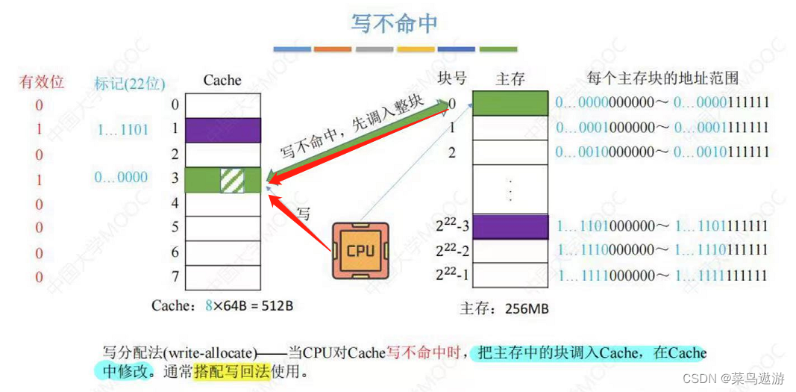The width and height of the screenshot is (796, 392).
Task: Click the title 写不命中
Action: pos(394,22)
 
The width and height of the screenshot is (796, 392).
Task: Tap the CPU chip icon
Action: pos(360,250)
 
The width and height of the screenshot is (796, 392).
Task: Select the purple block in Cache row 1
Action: pos(222,130)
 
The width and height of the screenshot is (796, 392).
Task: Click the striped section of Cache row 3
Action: pos(232,179)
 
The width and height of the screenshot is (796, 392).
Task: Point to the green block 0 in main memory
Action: pos(511,103)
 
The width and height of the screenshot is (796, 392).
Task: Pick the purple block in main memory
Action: pos(511,226)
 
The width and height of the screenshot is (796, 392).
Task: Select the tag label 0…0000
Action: pos(121,178)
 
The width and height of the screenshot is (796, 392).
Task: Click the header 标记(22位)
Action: pos(130,83)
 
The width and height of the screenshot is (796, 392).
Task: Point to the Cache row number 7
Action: pos(175,278)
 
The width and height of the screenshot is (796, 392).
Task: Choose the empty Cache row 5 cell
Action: pos(222,228)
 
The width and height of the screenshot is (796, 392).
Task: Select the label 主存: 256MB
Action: pos(504,308)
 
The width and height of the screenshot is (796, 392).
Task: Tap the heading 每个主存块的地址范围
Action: pos(663,78)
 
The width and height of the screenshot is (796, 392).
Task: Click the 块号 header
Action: pos(451,78)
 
